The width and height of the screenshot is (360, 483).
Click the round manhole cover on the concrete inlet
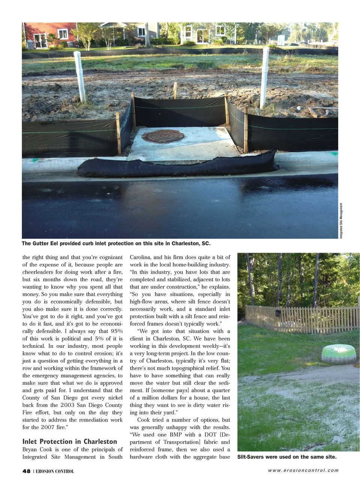[165, 136]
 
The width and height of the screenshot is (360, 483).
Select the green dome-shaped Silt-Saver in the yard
[339, 354]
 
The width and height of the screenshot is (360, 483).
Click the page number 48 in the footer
[26, 471]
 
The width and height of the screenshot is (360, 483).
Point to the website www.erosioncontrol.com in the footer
[303, 471]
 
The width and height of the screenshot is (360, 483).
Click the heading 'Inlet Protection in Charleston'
[70, 441]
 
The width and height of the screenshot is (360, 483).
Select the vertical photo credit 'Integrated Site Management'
[341, 220]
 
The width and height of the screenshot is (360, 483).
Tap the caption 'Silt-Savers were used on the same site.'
[287, 457]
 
